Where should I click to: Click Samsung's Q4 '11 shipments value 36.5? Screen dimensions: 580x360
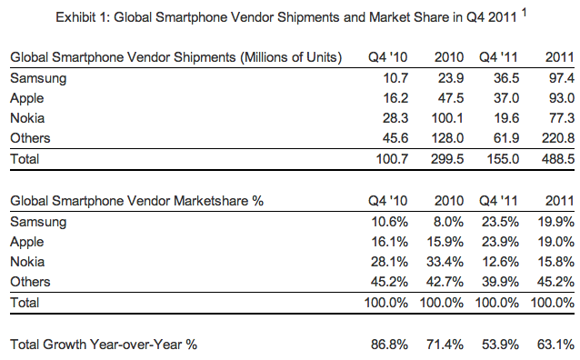[x=506, y=78]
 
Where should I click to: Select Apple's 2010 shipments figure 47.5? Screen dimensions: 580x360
[x=451, y=98]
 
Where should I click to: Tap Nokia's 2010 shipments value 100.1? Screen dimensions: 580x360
[x=447, y=118]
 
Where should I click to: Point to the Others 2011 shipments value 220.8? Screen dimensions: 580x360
[x=558, y=138]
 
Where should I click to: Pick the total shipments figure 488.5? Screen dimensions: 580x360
[x=558, y=159]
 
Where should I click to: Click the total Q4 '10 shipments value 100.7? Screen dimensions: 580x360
[x=392, y=159]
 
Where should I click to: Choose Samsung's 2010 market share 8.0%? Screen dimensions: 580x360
[x=448, y=222]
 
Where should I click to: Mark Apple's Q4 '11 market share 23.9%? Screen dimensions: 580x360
[x=500, y=242]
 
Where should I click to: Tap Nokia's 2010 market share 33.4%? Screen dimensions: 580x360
[x=445, y=262]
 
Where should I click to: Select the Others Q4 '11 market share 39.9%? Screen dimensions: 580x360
[x=500, y=282]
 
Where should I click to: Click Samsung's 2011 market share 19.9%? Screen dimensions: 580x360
[x=556, y=222]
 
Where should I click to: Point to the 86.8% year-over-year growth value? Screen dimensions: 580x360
[x=389, y=345]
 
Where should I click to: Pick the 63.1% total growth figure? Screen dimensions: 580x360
[x=556, y=345]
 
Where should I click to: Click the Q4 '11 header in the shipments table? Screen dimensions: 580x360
[x=498, y=57]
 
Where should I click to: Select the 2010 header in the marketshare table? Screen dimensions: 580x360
[x=449, y=201]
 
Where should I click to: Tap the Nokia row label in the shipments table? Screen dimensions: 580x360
[x=27, y=118]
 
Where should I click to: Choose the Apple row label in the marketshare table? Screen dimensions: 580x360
[x=27, y=242]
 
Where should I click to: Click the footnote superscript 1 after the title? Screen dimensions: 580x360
[x=524, y=13]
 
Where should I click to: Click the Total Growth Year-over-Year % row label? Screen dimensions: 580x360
[x=104, y=345]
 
